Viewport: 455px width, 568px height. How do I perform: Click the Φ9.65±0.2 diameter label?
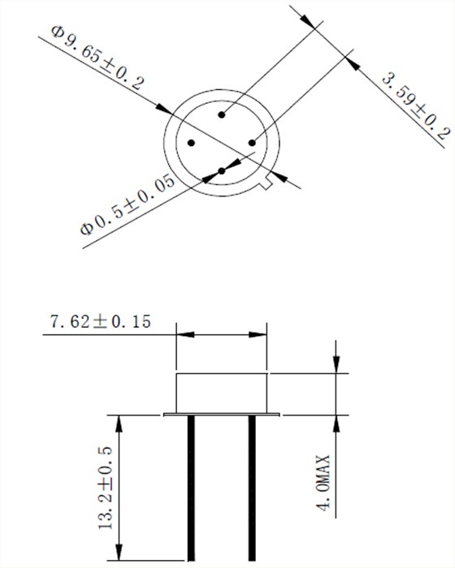[97, 58]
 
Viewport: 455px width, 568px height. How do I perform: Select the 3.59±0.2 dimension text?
[416, 107]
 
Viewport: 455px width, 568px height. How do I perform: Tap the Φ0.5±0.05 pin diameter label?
[128, 204]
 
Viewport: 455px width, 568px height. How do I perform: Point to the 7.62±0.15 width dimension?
[100, 321]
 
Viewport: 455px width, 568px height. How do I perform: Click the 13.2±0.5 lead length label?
[106, 488]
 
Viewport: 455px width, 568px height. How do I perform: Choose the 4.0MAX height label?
[324, 483]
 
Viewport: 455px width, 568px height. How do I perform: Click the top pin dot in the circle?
[222, 115]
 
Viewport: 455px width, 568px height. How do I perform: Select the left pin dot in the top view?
[191, 143]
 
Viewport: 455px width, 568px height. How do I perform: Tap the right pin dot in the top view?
[252, 143]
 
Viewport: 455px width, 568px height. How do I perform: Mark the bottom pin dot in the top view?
[222, 170]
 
